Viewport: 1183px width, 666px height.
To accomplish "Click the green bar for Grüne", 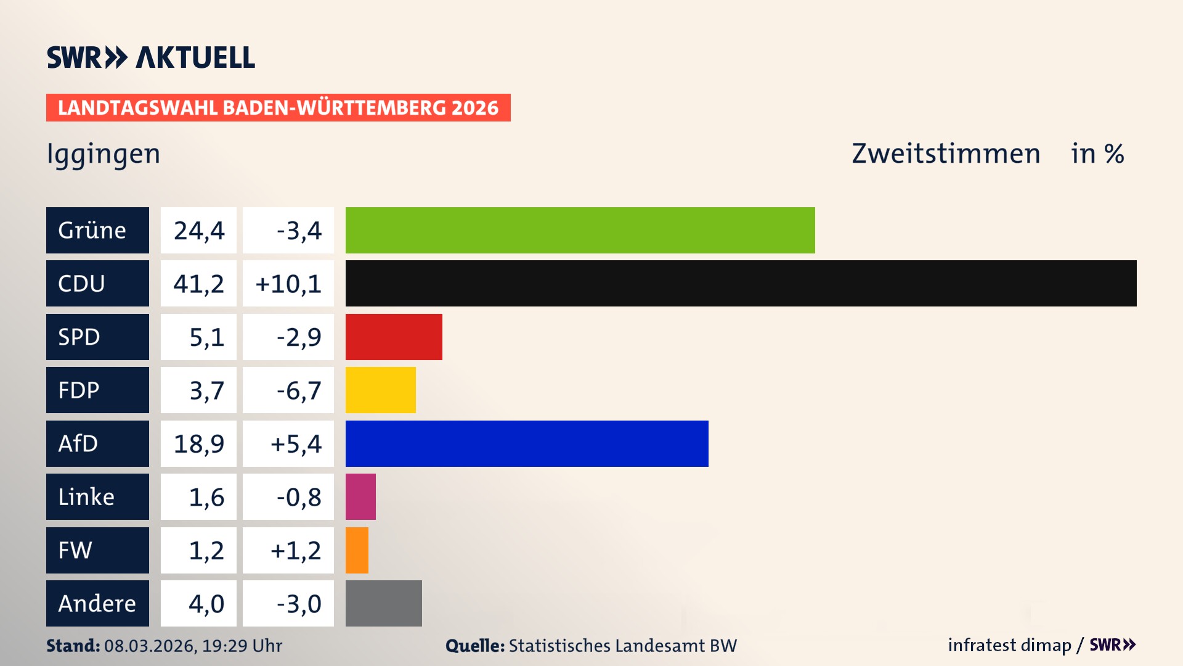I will pyautogui.click(x=580, y=230).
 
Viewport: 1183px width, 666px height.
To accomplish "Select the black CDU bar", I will pyautogui.click(x=741, y=283).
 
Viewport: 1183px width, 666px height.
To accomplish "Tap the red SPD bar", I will pyautogui.click(x=394, y=337).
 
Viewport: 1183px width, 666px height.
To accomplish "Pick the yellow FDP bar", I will pyautogui.click(x=380, y=390).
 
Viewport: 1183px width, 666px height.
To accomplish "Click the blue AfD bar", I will pyautogui.click(x=527, y=443).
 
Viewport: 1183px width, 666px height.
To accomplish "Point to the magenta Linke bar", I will pyautogui.click(x=360, y=496).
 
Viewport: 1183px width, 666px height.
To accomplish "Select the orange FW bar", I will pyautogui.click(x=357, y=550).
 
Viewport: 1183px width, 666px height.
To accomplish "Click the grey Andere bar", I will pyautogui.click(x=383, y=603).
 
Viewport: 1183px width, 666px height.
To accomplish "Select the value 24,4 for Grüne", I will pyautogui.click(x=198, y=230).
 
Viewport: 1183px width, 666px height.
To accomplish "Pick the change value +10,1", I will pyautogui.click(x=288, y=283).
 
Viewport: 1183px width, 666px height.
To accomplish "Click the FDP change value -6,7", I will pyautogui.click(x=298, y=390).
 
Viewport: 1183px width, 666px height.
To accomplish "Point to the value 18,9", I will pyautogui.click(x=198, y=443).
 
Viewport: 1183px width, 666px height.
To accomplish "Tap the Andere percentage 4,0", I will pyautogui.click(x=206, y=603).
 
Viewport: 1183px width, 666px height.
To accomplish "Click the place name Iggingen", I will pyautogui.click(x=104, y=154).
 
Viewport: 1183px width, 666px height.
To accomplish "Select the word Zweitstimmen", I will pyautogui.click(x=946, y=154).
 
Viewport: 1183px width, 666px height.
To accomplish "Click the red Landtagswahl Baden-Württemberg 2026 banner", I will pyautogui.click(x=278, y=107).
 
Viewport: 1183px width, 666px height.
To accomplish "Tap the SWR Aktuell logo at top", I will pyautogui.click(x=151, y=57).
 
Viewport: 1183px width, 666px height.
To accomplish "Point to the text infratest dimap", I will pyautogui.click(x=1009, y=645).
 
